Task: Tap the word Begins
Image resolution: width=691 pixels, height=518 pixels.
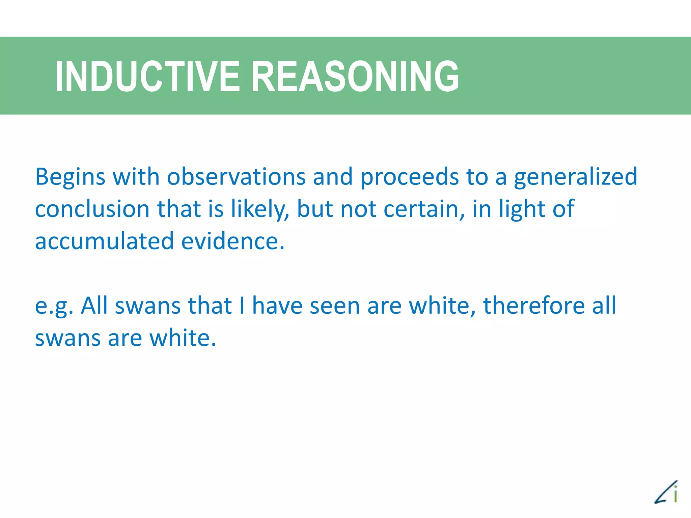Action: pyautogui.click(x=70, y=177)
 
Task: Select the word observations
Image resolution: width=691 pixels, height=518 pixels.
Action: pyautogui.click(x=236, y=177)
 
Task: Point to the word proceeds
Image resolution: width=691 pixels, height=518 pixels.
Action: pyautogui.click(x=409, y=177)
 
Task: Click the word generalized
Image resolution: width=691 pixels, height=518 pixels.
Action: pyautogui.click(x=575, y=177)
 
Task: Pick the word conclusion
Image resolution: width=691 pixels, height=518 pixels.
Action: pyautogui.click(x=92, y=209)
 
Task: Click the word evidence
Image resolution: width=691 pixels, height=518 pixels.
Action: pyautogui.click(x=232, y=241)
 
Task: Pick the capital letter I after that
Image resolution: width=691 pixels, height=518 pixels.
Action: pyautogui.click(x=242, y=306)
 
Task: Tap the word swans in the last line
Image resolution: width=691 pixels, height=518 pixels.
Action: pyautogui.click(x=67, y=338)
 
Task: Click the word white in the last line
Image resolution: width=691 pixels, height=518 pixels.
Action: pyautogui.click(x=182, y=338)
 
